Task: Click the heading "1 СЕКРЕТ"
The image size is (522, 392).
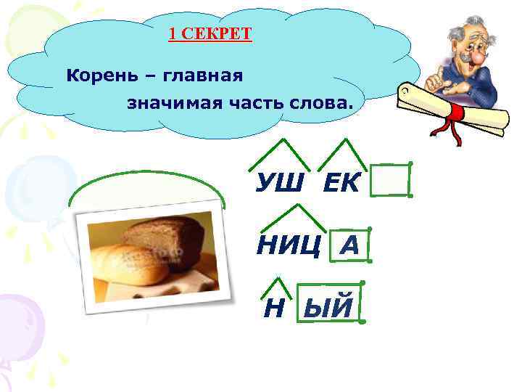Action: (210, 34)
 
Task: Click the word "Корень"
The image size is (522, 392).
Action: (95, 75)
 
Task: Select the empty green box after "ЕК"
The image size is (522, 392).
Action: (390, 180)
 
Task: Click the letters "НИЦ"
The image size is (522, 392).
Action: (289, 246)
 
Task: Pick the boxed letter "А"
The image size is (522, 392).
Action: (349, 246)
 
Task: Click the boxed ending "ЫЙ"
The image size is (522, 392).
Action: (328, 308)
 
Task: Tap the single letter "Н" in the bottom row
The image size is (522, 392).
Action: (273, 309)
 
